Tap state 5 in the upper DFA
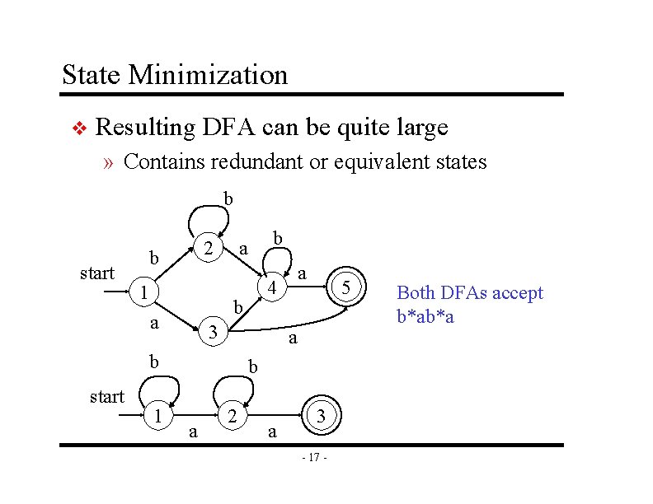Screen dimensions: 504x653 click(347, 287)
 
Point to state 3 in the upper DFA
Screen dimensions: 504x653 click(213, 333)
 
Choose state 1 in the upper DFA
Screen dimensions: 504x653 click(143, 292)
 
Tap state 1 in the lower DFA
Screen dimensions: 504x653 click(156, 417)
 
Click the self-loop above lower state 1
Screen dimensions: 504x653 click(157, 387)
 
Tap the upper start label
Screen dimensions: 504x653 click(97, 273)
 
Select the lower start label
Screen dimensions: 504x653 click(106, 396)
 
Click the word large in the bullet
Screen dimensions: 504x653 click(420, 128)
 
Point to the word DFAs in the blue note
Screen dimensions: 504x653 click(458, 293)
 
